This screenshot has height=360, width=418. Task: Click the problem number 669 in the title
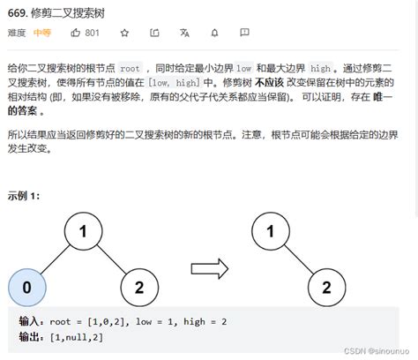[x=18, y=13]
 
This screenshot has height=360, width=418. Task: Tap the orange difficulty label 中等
[x=42, y=33]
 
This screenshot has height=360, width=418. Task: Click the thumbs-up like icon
[x=76, y=33]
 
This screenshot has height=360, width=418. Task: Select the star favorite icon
[x=124, y=33]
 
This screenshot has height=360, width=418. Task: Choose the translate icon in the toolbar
[x=184, y=33]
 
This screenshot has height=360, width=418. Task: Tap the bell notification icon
[x=215, y=33]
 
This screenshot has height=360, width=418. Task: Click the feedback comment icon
[x=244, y=33]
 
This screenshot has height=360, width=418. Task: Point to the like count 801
[x=92, y=33]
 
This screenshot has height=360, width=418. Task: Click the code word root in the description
[x=130, y=69]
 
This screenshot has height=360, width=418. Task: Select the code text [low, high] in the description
[x=174, y=83]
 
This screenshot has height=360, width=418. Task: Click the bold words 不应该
[x=269, y=83]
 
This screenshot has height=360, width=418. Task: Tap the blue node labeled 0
[x=27, y=288]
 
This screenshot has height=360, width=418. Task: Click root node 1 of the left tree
[x=84, y=231]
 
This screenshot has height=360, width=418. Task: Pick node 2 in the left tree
[x=139, y=288]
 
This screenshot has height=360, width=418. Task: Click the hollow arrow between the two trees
[x=210, y=268]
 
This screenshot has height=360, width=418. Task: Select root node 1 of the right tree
[x=271, y=231]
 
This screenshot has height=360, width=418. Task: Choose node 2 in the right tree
[x=327, y=288]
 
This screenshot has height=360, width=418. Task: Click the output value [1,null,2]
[x=77, y=337]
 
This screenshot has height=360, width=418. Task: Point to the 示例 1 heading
[x=24, y=196]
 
